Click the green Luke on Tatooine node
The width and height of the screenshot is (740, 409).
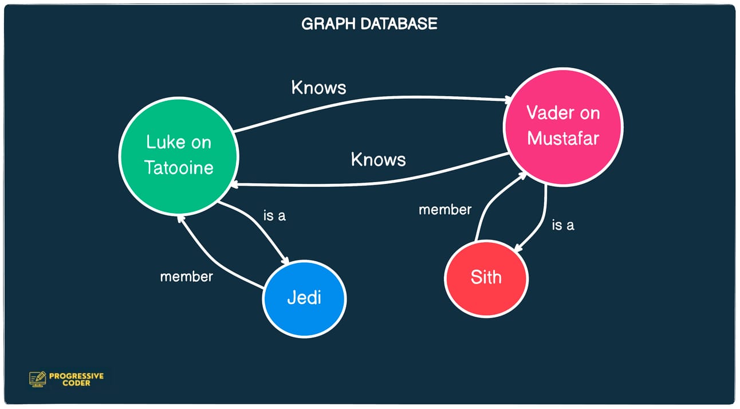click(x=179, y=155)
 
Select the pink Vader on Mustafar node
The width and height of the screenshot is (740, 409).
click(x=563, y=126)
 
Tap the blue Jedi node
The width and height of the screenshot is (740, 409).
click(x=304, y=298)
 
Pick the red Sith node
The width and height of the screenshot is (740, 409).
click(x=486, y=278)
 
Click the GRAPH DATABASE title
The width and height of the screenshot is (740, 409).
click(x=369, y=24)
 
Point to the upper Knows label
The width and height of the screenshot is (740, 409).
click(x=318, y=87)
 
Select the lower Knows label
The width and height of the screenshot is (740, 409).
click(x=378, y=159)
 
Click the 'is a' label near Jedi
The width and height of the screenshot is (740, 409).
click(x=274, y=216)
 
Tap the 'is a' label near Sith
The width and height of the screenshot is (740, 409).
click(x=562, y=225)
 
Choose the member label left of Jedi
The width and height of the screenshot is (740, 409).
click(x=186, y=276)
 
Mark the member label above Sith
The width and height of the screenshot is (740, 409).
click(x=444, y=210)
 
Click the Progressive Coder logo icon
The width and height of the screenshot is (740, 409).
click(x=37, y=379)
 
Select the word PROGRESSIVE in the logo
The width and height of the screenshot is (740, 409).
click(x=76, y=376)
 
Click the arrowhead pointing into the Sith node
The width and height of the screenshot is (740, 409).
click(x=518, y=249)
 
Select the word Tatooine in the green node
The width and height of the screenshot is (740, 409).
click(x=179, y=167)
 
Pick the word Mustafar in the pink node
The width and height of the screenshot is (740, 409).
click(x=563, y=139)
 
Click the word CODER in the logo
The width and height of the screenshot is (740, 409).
click(x=76, y=383)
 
